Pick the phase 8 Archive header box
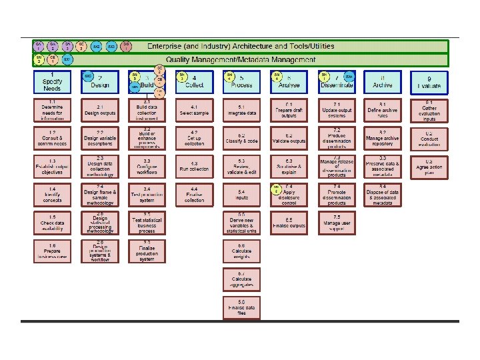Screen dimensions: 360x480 382,82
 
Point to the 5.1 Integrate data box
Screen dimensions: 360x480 241,111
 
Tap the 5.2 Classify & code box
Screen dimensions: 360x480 241,139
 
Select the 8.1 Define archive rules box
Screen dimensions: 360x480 382,111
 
